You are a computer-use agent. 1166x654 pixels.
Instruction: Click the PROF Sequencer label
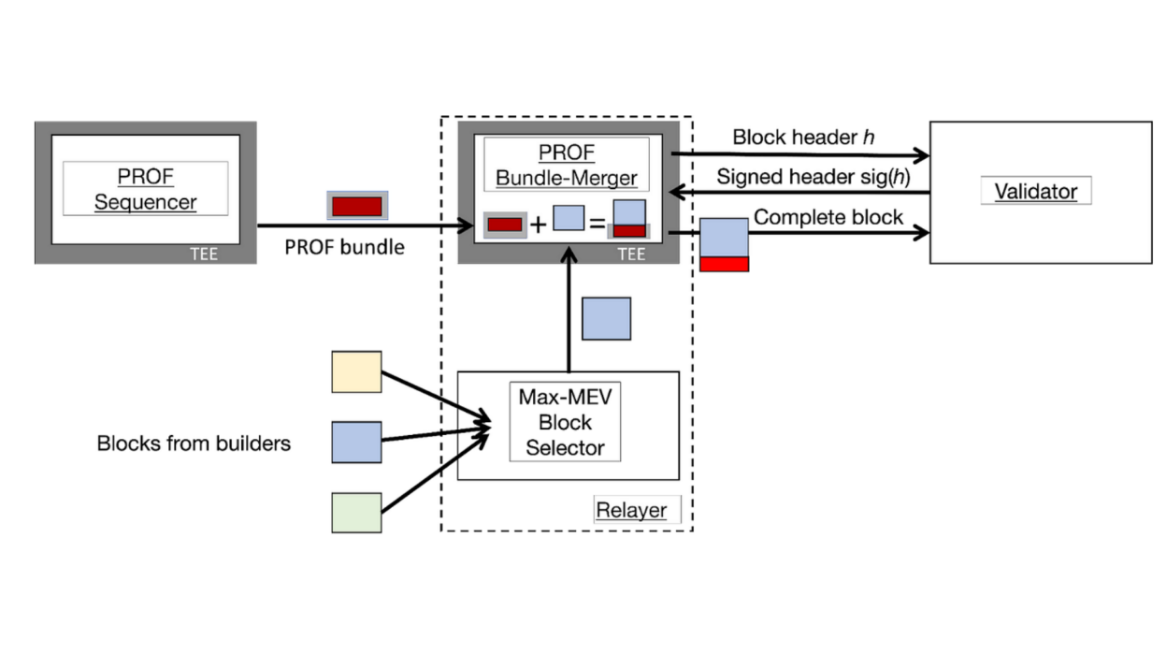[x=146, y=189]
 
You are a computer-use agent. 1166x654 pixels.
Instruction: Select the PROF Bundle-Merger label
[x=567, y=165]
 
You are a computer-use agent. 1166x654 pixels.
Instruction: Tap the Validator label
[x=1035, y=192]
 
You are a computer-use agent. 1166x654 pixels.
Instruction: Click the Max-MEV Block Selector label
[x=565, y=421]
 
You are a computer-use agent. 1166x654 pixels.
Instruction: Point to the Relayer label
[x=631, y=510]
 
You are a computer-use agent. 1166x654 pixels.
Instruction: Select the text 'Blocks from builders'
[x=194, y=443]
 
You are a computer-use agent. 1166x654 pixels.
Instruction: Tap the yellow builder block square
[x=356, y=371]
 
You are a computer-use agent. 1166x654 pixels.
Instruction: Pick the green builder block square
[x=356, y=513]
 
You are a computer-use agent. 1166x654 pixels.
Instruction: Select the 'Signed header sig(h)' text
[x=813, y=177]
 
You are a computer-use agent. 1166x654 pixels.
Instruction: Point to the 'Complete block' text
[x=828, y=217]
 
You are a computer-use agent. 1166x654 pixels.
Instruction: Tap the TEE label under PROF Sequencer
[x=202, y=254]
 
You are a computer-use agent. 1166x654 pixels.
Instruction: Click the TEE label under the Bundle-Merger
[x=631, y=254]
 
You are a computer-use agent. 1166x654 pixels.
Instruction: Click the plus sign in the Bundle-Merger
[x=538, y=225]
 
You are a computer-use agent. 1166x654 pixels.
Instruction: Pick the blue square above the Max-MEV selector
[x=606, y=319]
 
